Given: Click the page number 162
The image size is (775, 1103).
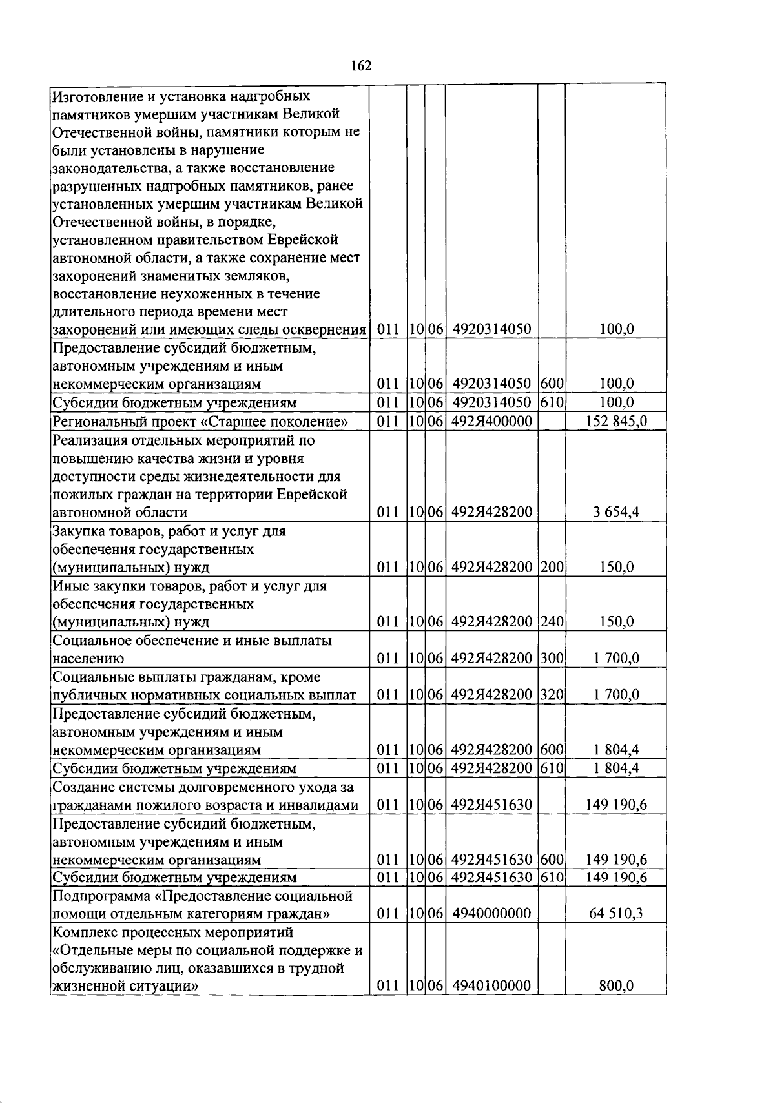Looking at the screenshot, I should [361, 66].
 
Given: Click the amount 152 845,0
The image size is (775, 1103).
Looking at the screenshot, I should [616, 422].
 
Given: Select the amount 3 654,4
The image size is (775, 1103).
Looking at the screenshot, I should [616, 513].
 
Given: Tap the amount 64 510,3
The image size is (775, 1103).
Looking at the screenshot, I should [616, 914].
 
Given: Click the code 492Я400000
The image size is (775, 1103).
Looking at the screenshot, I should [491, 422].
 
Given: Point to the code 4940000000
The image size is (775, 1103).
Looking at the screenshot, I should [491, 914].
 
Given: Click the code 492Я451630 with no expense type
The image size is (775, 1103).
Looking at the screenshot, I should [491, 805].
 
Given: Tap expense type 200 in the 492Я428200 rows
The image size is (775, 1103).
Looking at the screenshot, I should [552, 568].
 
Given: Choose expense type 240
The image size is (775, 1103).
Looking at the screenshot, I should [552, 623].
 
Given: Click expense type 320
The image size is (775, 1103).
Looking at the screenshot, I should [552, 695].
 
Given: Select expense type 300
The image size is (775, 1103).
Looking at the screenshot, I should [552, 659].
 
